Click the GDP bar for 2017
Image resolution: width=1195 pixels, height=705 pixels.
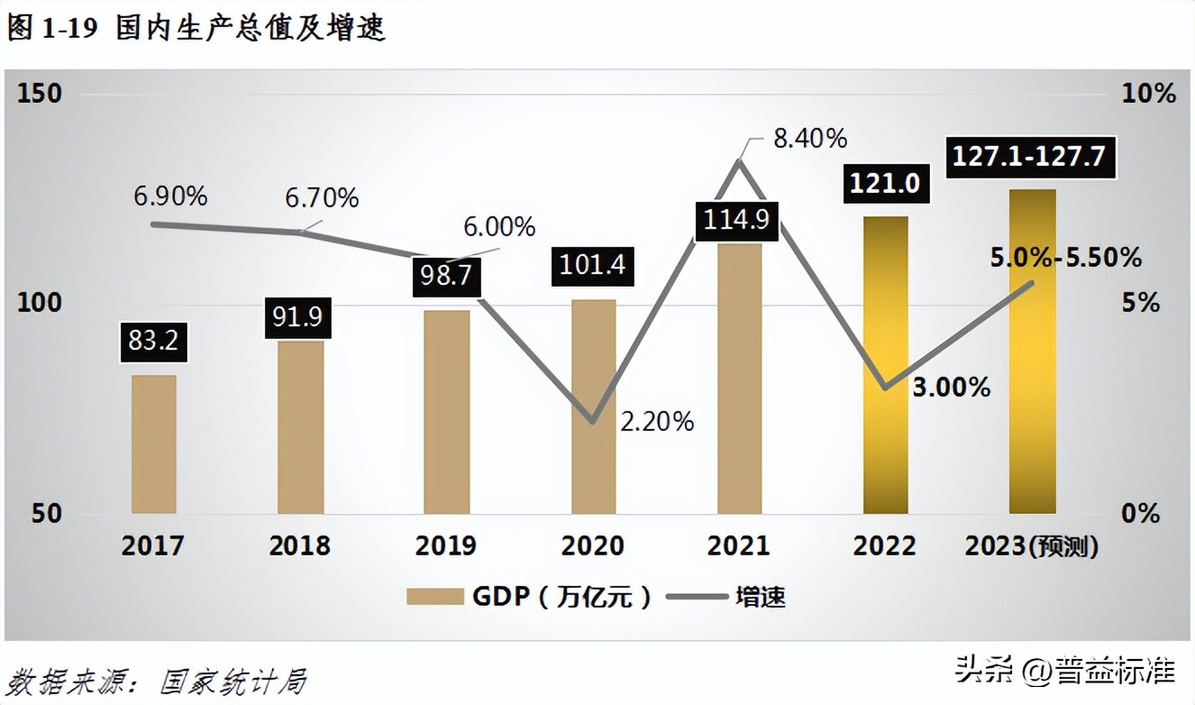tap(154, 444)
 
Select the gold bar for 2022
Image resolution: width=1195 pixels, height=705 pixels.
tap(885, 365)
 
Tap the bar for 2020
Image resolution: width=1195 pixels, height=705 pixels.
tap(593, 406)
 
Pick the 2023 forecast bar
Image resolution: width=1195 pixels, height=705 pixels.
tap(1032, 352)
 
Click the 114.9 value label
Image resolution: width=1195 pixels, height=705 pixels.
tap(736, 221)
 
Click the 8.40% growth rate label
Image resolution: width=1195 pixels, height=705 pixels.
tap(810, 139)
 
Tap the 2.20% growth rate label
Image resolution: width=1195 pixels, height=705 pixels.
tap(657, 421)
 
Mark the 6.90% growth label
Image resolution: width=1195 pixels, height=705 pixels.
tap(171, 196)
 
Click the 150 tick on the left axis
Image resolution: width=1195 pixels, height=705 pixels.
tap(40, 93)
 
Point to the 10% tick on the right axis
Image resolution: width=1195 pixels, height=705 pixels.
tap(1148, 93)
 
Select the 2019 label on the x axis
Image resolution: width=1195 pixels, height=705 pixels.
tap(446, 545)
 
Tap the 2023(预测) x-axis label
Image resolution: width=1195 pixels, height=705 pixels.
tap(1032, 545)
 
